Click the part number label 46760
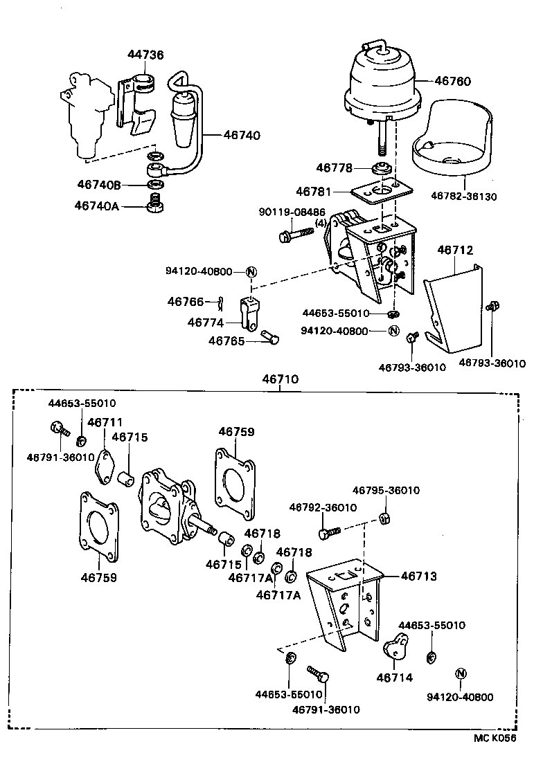452,81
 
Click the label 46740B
100,185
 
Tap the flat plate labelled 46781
378,192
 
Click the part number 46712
456,251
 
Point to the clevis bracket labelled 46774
250,314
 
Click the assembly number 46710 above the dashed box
280,379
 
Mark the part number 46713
419,576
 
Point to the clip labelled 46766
220,301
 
